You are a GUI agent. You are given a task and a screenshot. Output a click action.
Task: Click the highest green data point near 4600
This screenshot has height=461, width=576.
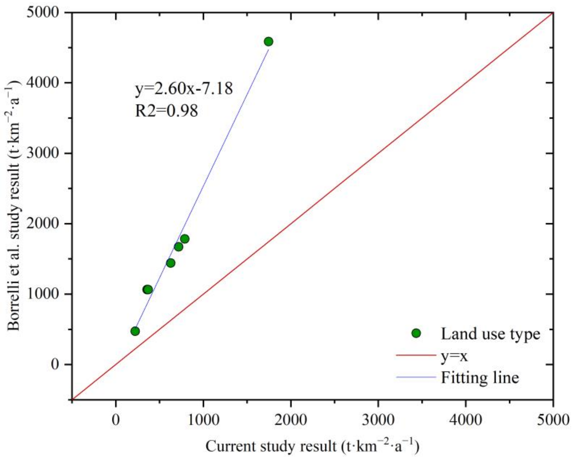268,42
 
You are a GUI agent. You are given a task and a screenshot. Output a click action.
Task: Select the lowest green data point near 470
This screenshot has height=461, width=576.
135,331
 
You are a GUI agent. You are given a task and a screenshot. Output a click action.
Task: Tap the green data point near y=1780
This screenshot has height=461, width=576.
185,239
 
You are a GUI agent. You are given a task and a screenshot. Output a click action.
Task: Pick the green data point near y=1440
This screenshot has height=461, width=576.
171,263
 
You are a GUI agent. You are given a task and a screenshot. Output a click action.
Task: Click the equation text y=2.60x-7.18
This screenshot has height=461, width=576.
184,89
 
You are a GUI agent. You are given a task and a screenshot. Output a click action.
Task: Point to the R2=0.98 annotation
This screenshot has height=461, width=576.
167,111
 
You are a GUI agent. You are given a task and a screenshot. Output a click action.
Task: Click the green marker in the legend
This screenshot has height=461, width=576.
416,333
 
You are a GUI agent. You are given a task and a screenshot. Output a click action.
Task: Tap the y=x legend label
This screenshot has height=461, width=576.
454,356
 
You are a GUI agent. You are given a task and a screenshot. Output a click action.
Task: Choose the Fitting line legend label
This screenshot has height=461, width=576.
480,378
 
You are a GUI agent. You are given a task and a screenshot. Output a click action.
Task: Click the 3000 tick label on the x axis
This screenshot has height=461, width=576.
378,420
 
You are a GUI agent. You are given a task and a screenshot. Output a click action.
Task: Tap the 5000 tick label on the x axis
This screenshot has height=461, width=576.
553,420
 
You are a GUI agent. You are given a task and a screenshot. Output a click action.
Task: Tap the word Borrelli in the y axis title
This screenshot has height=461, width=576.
13,310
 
